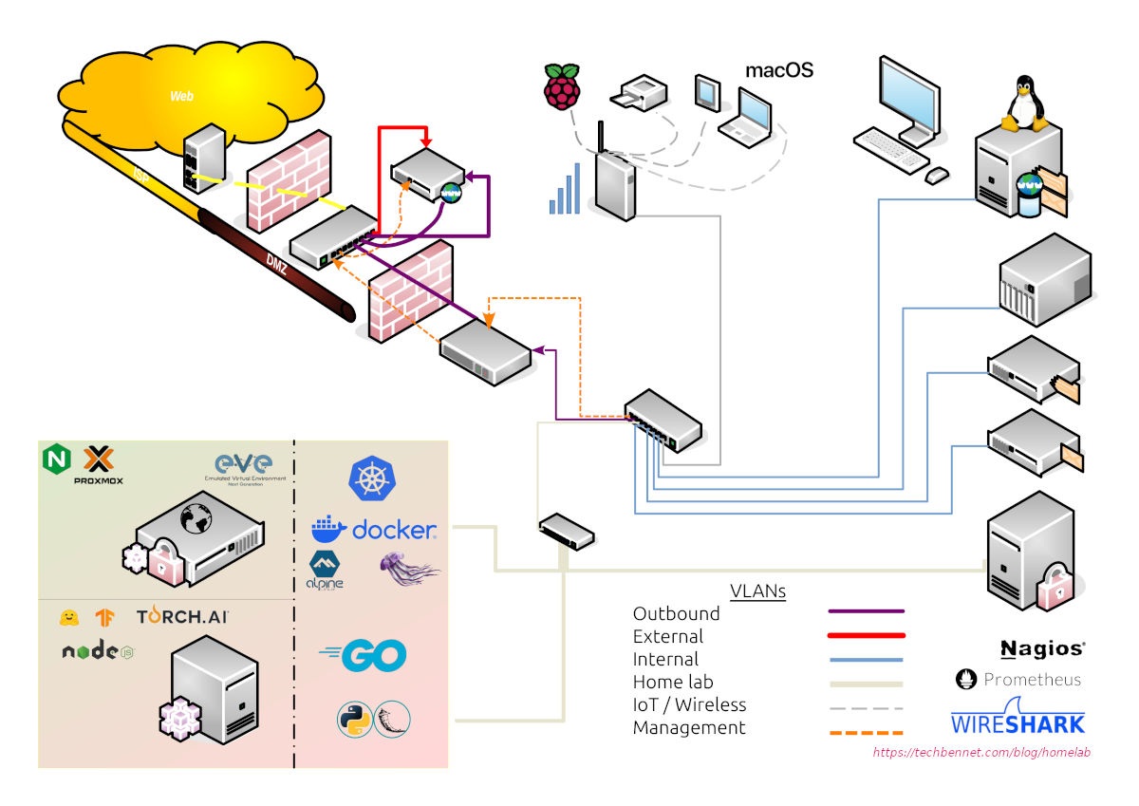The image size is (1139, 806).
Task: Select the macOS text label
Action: (778, 70)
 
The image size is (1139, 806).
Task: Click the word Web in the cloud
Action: (181, 96)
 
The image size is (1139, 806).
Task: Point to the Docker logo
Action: (374, 529)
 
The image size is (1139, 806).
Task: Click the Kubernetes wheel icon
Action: (371, 478)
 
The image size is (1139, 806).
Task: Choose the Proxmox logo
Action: (99, 465)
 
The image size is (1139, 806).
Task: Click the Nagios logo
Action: (1042, 649)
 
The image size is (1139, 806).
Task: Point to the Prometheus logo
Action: (1018, 680)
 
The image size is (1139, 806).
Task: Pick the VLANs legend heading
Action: (757, 590)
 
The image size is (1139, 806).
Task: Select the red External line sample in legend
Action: (865, 636)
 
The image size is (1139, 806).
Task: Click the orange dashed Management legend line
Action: (865, 732)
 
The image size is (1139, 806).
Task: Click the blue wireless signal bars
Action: (564, 189)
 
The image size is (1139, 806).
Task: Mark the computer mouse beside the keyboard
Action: (937, 175)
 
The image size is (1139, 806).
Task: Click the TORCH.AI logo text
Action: (182, 617)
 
